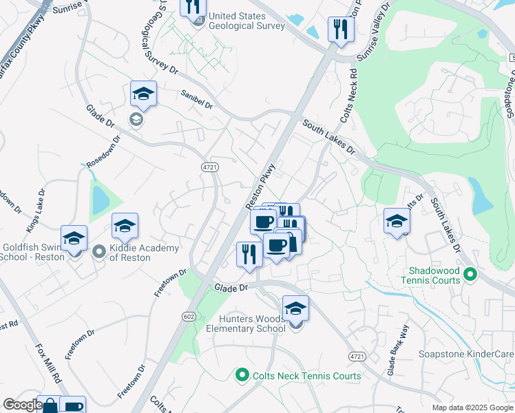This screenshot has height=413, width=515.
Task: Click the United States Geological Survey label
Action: (x=246, y=21)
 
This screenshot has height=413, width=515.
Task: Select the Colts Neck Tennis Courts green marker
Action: (x=242, y=375)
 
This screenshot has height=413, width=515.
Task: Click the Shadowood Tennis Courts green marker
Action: (x=471, y=275)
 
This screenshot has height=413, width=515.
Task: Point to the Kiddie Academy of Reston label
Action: (x=146, y=253)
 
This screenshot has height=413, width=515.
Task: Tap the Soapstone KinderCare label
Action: (x=466, y=354)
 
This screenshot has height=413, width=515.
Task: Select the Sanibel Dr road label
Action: (x=197, y=100)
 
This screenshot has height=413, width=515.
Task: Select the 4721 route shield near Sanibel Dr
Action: (x=210, y=167)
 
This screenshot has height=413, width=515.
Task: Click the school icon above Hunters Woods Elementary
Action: (x=295, y=309)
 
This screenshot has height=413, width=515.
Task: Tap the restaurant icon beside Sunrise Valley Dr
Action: (x=340, y=30)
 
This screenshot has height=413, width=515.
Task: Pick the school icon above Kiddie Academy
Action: (x=125, y=226)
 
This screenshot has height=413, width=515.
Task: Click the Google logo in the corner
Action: (x=22, y=405)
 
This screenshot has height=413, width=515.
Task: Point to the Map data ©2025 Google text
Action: (x=472, y=407)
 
